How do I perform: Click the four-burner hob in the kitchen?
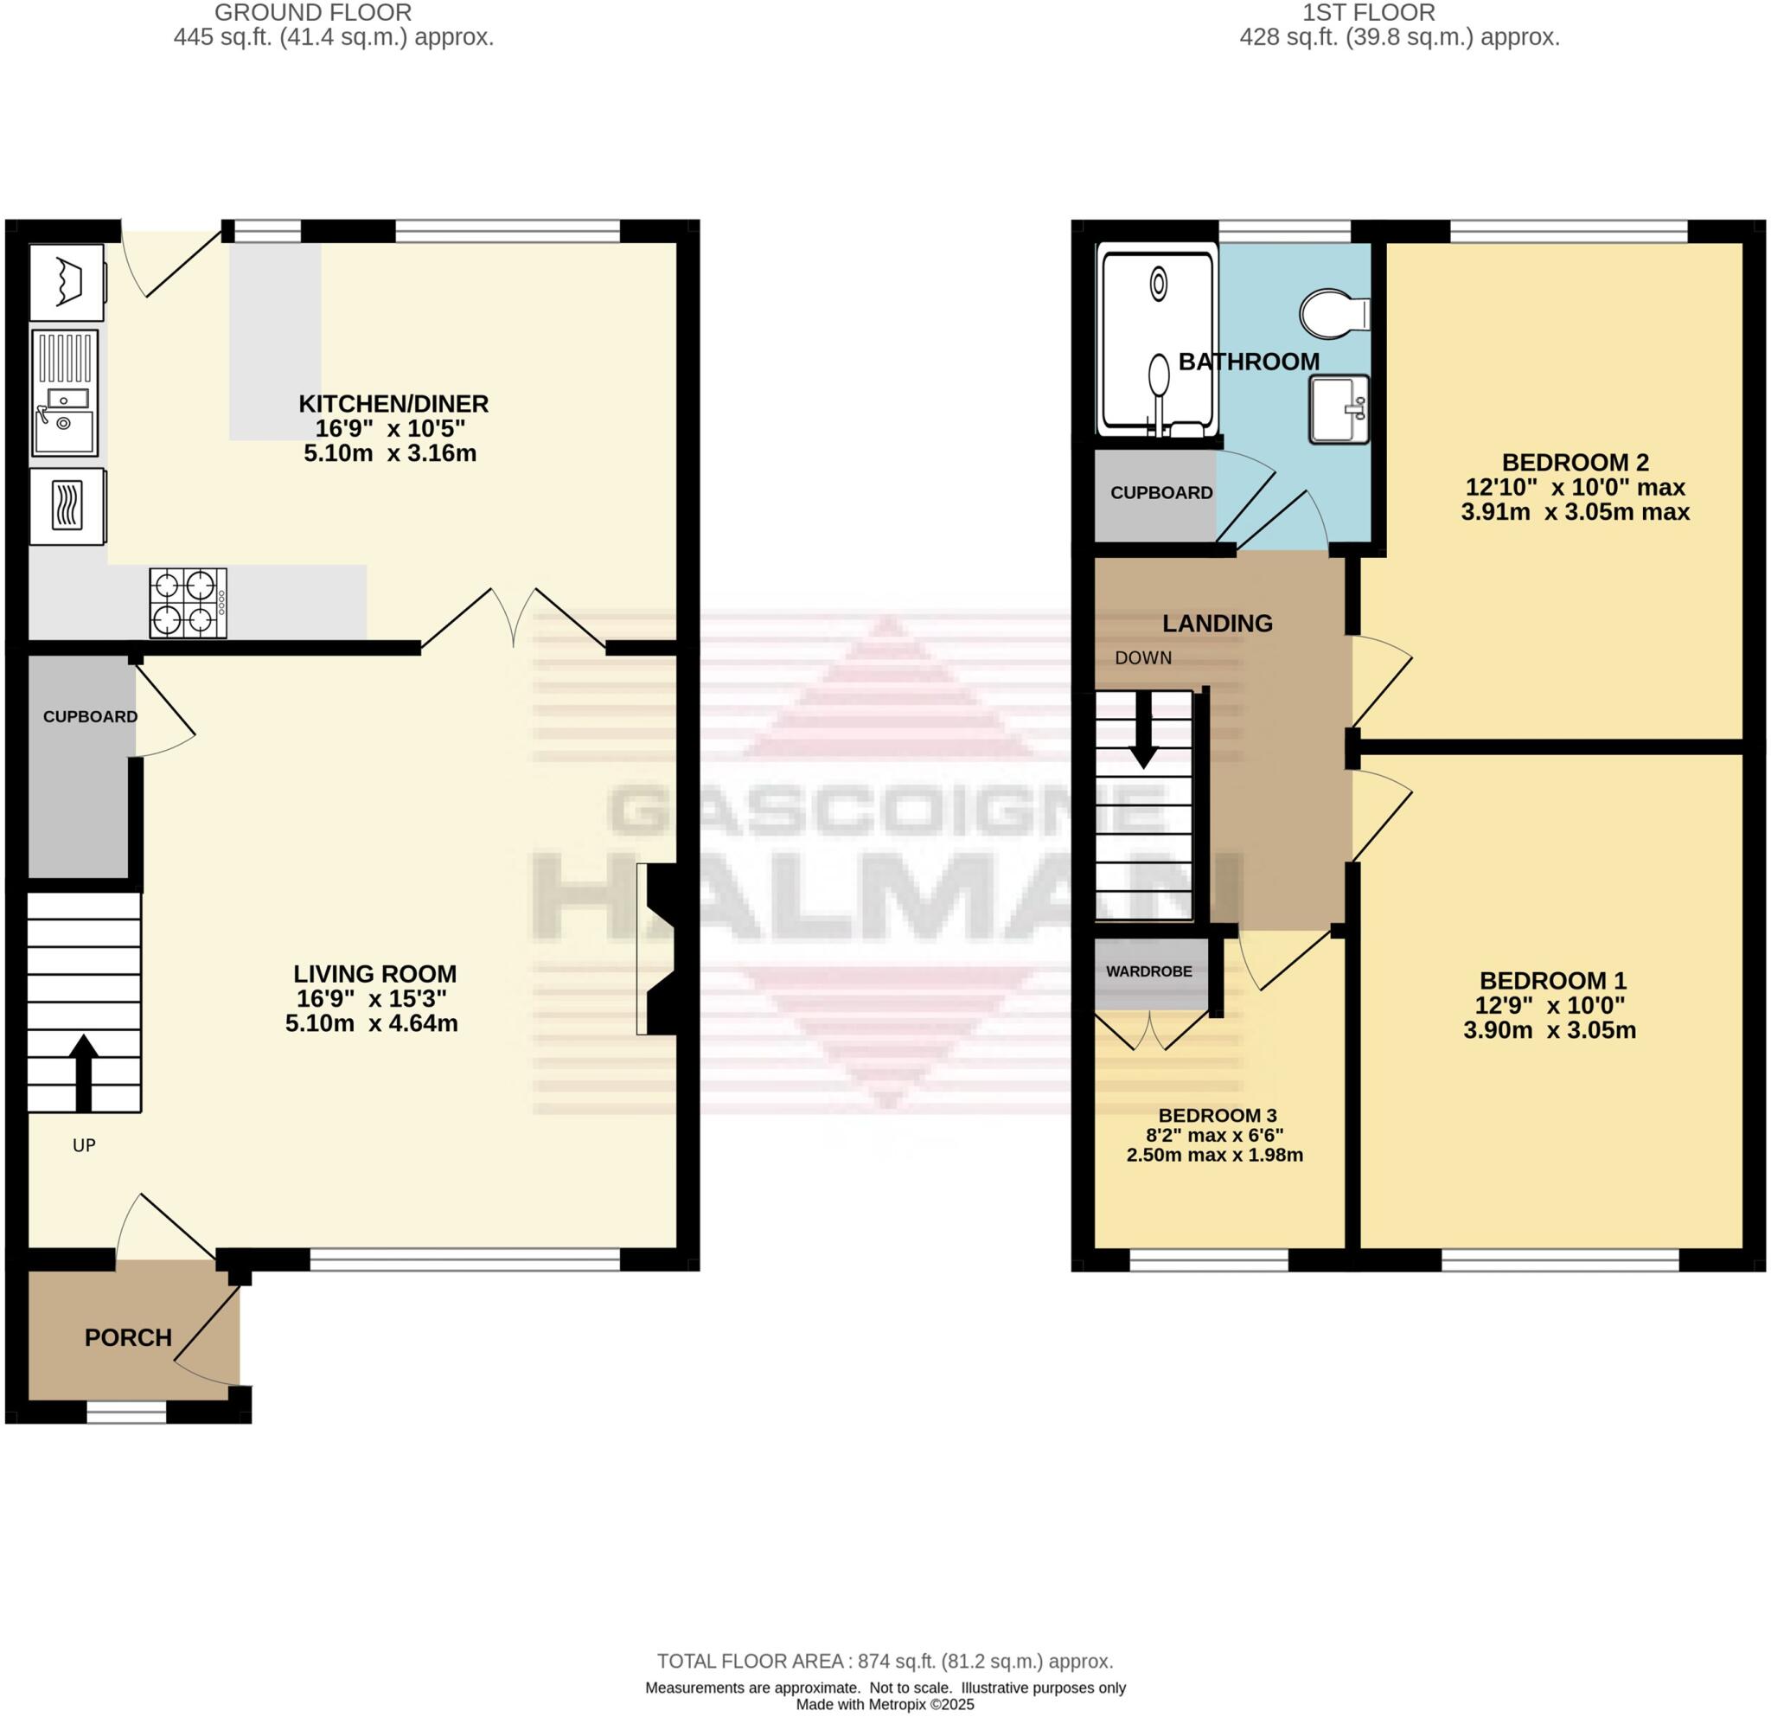click(188, 603)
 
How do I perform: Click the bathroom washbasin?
click(1339, 409)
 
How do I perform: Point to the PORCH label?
click(128, 1337)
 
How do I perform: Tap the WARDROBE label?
click(1148, 971)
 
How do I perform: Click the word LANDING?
click(1217, 623)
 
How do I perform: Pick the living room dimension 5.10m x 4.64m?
click(371, 1024)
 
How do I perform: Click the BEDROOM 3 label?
click(1217, 1116)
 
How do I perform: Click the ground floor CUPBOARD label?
click(90, 716)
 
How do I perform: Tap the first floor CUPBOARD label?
click(1161, 492)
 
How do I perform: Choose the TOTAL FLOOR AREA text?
click(885, 1661)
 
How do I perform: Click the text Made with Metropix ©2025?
click(885, 1704)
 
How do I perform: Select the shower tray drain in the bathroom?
click(1159, 285)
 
